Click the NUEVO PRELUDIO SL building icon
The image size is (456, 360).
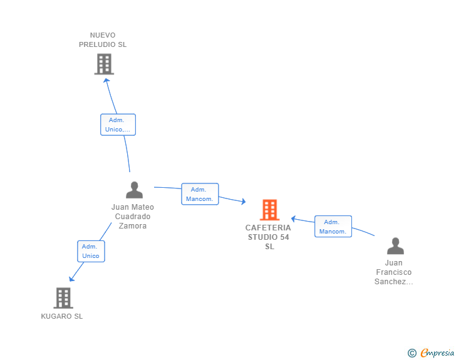pos(104,64)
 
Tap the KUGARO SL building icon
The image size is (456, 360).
pos(63,298)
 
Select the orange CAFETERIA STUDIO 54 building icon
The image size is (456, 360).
pos(269,210)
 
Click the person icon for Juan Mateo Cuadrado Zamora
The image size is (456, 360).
pos(134,190)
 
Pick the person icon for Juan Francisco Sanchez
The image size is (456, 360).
pos(395,246)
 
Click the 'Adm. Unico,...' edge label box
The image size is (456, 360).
pos(118,125)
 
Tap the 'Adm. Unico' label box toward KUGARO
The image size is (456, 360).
pos(91,251)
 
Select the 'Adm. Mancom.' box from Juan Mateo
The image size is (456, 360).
pos(200,194)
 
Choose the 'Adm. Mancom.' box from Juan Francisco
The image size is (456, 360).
pos(333,227)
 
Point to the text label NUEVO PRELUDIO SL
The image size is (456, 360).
pos(103,40)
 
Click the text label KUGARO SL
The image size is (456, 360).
pos(62,316)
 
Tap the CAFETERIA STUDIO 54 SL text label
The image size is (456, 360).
pos(269,237)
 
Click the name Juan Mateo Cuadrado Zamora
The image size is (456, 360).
pos(133,217)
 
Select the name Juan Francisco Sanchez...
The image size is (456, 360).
pos(394,272)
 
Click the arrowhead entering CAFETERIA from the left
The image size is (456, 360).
pos(242,201)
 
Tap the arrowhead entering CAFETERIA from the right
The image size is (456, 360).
pos(294,219)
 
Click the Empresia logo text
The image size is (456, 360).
pos(437,353)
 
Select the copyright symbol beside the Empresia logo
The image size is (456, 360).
pos(412,353)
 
